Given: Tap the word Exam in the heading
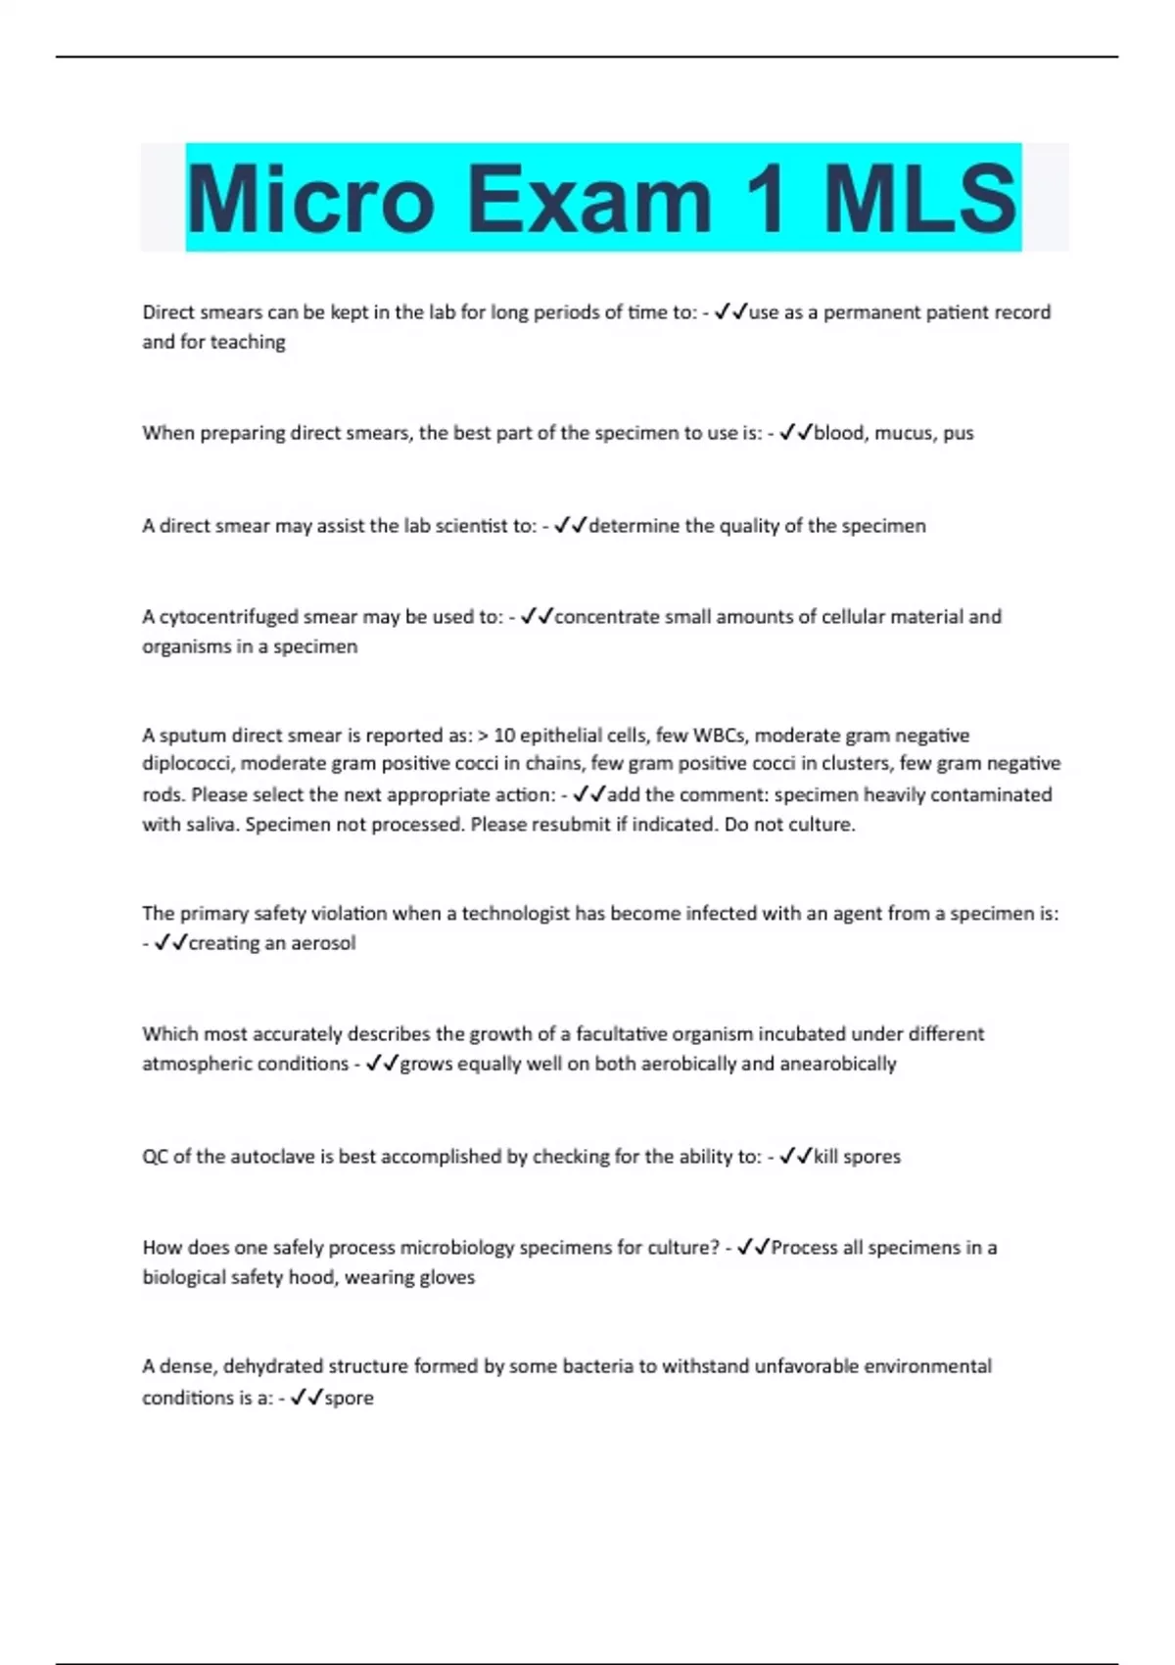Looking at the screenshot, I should point(588,199).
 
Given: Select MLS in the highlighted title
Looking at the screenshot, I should point(919,199).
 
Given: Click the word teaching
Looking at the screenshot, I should point(248,342).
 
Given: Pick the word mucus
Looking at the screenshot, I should point(904,433).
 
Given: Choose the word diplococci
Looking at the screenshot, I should point(186,764).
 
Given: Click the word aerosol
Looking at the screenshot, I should point(326,943).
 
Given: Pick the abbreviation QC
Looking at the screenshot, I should point(155,1157).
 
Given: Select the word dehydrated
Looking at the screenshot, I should point(273,1366).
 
